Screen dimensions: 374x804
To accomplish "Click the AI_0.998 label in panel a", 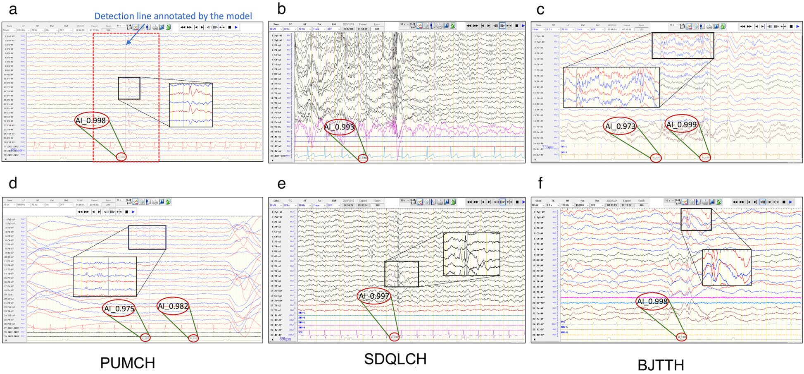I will click(91, 121).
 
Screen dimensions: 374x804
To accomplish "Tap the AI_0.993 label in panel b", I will click(339, 127).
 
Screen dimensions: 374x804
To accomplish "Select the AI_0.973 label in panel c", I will click(620, 126).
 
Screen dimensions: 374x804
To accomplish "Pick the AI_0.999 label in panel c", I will click(681, 125).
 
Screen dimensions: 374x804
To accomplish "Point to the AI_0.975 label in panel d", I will click(119, 309).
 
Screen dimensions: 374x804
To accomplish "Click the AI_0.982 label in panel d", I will click(173, 306).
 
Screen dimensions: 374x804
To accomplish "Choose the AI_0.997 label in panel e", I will click(374, 296).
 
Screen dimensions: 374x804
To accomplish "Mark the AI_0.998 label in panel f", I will click(652, 302).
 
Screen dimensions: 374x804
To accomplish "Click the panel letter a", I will click(13, 10).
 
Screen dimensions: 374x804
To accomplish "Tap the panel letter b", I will click(282, 9).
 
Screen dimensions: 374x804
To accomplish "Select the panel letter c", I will click(540, 10).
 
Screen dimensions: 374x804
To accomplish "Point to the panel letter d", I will click(13, 183).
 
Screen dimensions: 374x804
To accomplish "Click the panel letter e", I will click(282, 184).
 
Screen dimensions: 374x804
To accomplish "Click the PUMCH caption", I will click(128, 363).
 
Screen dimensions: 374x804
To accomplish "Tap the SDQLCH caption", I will click(395, 359).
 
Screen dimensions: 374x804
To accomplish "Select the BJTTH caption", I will click(661, 365).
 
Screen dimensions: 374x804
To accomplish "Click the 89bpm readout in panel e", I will click(285, 339).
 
